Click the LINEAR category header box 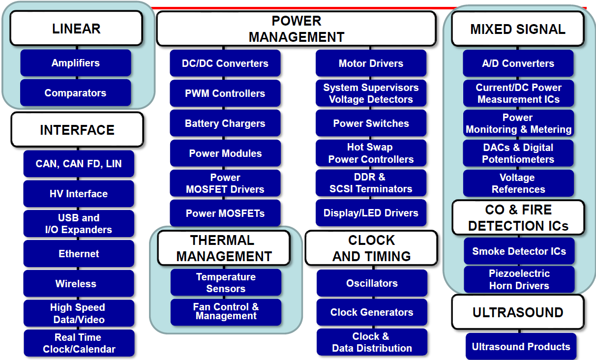click(x=76, y=28)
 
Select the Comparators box click(x=76, y=93)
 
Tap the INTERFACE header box click(x=77, y=130)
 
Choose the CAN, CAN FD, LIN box click(x=79, y=164)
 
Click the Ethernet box click(x=79, y=254)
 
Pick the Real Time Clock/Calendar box click(x=79, y=343)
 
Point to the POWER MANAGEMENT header click(x=297, y=29)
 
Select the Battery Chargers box click(x=225, y=123)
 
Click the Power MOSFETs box click(x=225, y=213)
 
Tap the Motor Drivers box click(x=371, y=63)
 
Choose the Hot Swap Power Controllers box click(x=371, y=153)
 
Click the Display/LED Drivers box click(x=371, y=213)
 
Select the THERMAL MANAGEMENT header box click(x=224, y=248)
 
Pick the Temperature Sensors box click(x=226, y=283)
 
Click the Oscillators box click(x=372, y=283)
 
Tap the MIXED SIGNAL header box click(x=518, y=29)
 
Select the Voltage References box click(x=518, y=183)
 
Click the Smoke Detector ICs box click(x=519, y=251)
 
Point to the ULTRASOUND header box click(x=518, y=312)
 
